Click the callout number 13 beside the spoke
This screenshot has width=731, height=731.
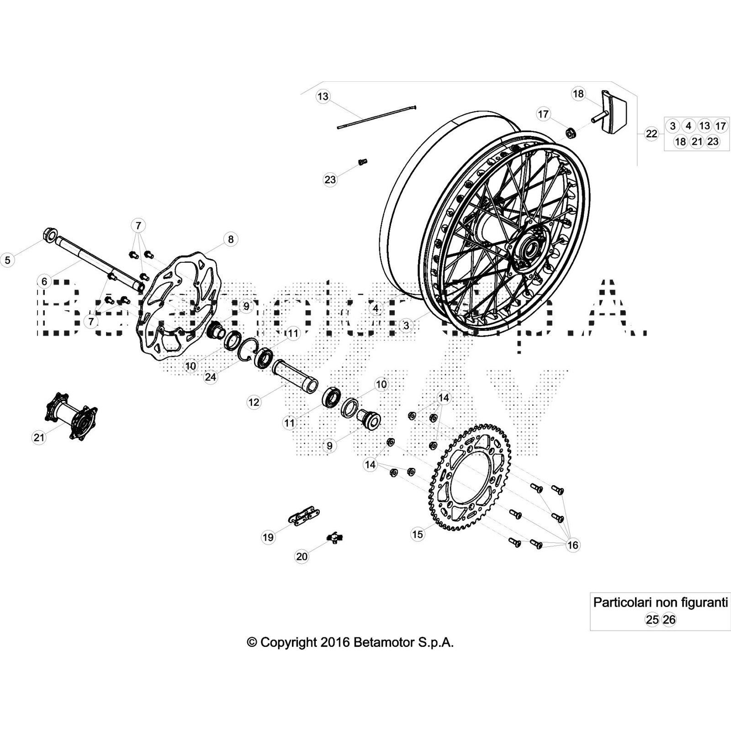click(x=323, y=96)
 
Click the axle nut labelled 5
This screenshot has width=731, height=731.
click(x=48, y=235)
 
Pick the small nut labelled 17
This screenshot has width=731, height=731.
click(x=570, y=133)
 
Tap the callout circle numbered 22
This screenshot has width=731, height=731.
click(x=651, y=134)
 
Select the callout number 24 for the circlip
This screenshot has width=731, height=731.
click(x=210, y=377)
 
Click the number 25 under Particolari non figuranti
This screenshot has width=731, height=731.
click(x=652, y=620)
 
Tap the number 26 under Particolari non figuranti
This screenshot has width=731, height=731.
click(x=669, y=620)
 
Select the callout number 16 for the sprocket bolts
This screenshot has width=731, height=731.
click(x=572, y=545)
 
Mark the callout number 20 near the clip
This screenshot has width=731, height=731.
click(x=302, y=556)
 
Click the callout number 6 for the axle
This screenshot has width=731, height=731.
click(x=44, y=281)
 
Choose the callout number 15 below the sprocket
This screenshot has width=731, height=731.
click(x=418, y=534)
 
